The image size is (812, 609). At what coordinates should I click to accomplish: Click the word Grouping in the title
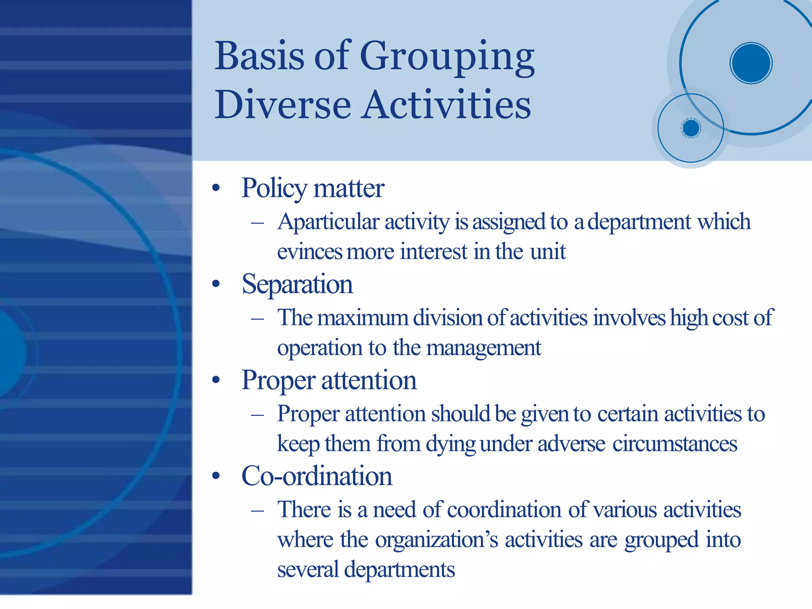[x=447, y=57]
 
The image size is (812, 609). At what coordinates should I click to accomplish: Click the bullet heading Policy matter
[x=312, y=188]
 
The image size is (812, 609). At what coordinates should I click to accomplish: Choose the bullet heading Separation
[x=297, y=284]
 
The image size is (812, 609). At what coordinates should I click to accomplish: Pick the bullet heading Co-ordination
[x=316, y=476]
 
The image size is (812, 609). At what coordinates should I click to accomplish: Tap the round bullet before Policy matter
[x=216, y=188]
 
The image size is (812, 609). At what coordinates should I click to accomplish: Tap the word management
[x=483, y=348]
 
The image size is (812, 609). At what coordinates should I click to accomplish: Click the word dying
[x=450, y=444]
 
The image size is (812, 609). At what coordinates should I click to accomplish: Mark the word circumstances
[x=674, y=444]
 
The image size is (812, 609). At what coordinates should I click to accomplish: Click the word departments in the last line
[x=399, y=570]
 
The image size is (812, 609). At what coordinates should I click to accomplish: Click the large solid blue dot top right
[x=751, y=63]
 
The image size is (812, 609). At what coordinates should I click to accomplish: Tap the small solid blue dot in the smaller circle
[x=691, y=128]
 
